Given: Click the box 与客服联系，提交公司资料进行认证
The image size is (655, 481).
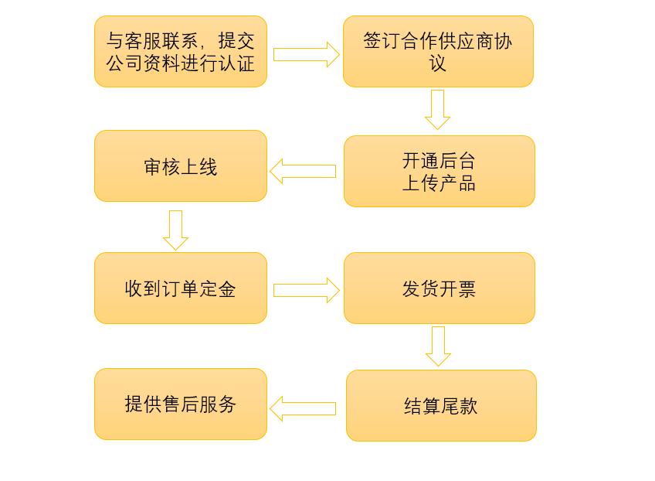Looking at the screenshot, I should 180,51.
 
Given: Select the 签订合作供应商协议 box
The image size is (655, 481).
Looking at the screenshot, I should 438,51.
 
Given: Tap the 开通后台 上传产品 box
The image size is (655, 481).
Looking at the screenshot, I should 439,171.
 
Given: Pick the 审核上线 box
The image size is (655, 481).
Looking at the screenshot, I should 180,165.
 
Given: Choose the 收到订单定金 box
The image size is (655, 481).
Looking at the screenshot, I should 180,288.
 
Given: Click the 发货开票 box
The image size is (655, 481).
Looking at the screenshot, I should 439,288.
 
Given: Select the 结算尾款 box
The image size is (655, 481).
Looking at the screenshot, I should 440,405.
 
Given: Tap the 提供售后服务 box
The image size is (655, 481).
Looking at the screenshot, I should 180,404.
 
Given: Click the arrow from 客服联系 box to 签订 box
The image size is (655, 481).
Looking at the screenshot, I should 306,55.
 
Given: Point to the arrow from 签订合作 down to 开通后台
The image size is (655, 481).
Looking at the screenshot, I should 437,109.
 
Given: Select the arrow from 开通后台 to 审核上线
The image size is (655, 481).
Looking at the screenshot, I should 303,171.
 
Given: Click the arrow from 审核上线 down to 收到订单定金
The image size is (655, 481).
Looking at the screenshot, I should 175,230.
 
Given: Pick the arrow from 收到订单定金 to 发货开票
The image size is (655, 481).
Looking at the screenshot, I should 306,290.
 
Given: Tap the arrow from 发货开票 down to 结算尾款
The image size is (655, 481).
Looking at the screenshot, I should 438,346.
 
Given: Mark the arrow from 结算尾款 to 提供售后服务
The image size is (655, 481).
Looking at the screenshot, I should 303,408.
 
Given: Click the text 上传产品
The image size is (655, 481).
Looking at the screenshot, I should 439,183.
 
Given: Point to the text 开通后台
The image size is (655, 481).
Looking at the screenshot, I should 439,161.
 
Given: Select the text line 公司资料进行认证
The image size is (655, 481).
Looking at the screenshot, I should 180,63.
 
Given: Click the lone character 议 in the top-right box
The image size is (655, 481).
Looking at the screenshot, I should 438,63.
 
